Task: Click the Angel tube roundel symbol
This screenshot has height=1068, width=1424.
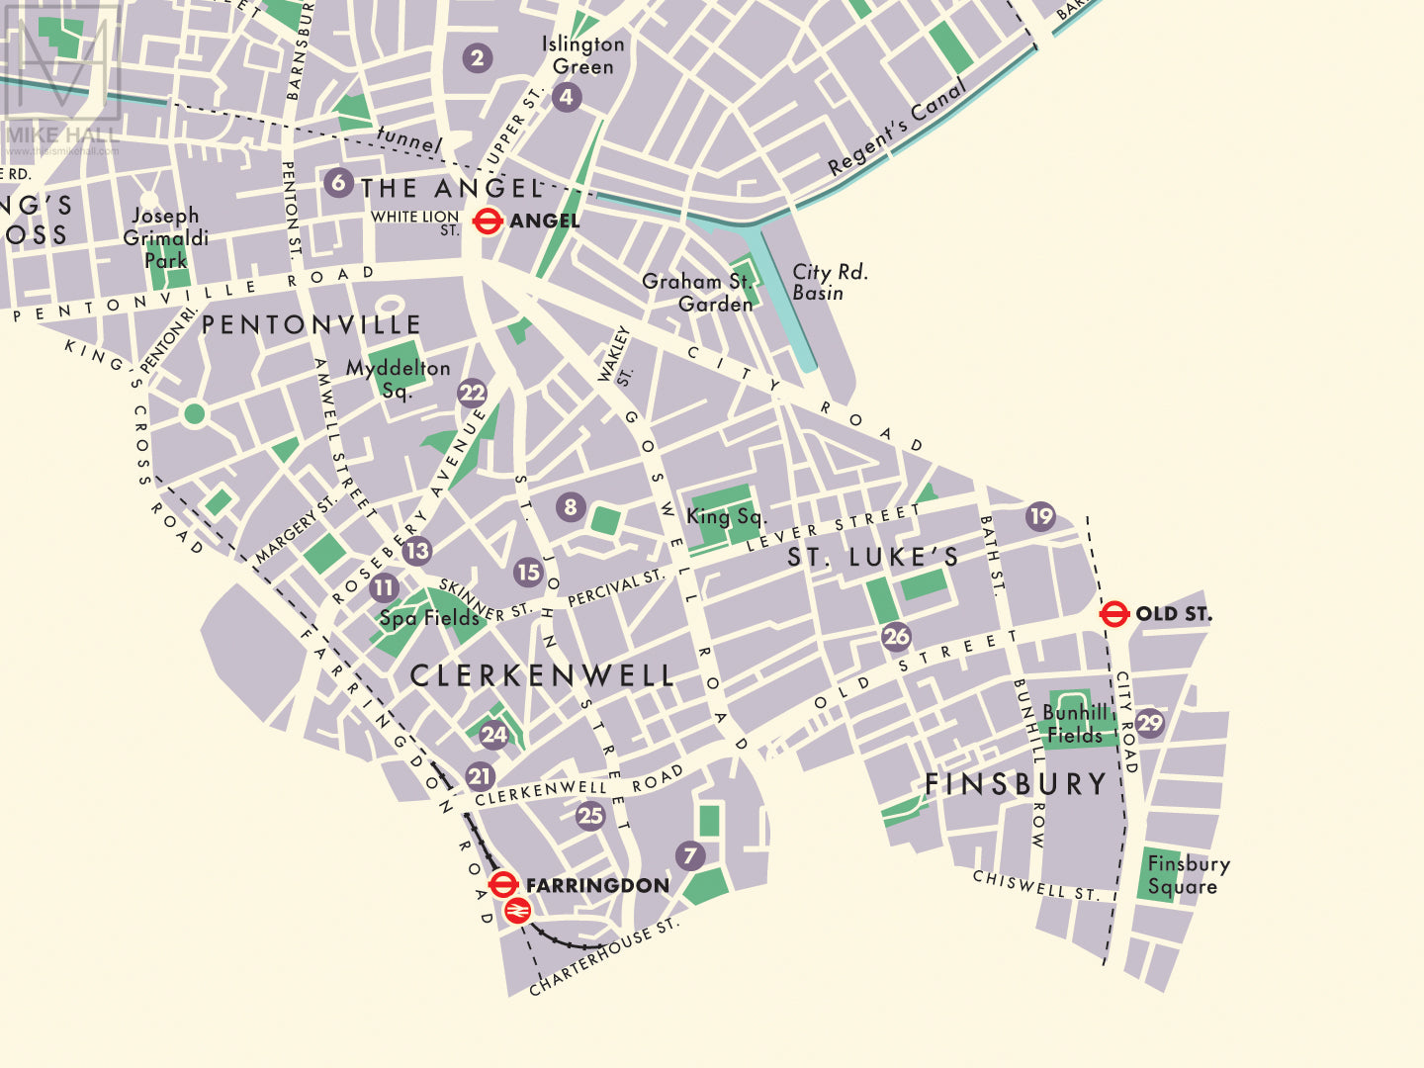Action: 488,221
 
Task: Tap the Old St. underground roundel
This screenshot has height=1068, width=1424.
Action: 1114,613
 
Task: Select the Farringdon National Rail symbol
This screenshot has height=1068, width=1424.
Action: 517,911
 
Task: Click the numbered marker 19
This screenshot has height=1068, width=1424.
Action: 1040,516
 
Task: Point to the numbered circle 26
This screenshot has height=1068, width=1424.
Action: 896,636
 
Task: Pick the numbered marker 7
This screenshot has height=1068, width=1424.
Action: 690,855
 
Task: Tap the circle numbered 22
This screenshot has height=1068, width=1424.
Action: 472,394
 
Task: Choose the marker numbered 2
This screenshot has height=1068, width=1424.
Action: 478,58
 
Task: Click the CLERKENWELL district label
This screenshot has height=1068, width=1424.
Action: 542,676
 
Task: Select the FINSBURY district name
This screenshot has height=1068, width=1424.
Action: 1016,784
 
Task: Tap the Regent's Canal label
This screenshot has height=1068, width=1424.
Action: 897,129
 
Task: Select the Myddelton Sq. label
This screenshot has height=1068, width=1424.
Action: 398,379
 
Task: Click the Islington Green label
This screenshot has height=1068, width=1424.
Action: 582,55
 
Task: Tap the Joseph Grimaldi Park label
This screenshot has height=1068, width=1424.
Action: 165,238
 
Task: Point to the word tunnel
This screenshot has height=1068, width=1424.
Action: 408,140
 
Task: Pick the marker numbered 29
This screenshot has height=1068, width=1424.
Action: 1149,723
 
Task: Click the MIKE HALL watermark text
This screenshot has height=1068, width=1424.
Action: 61,134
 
